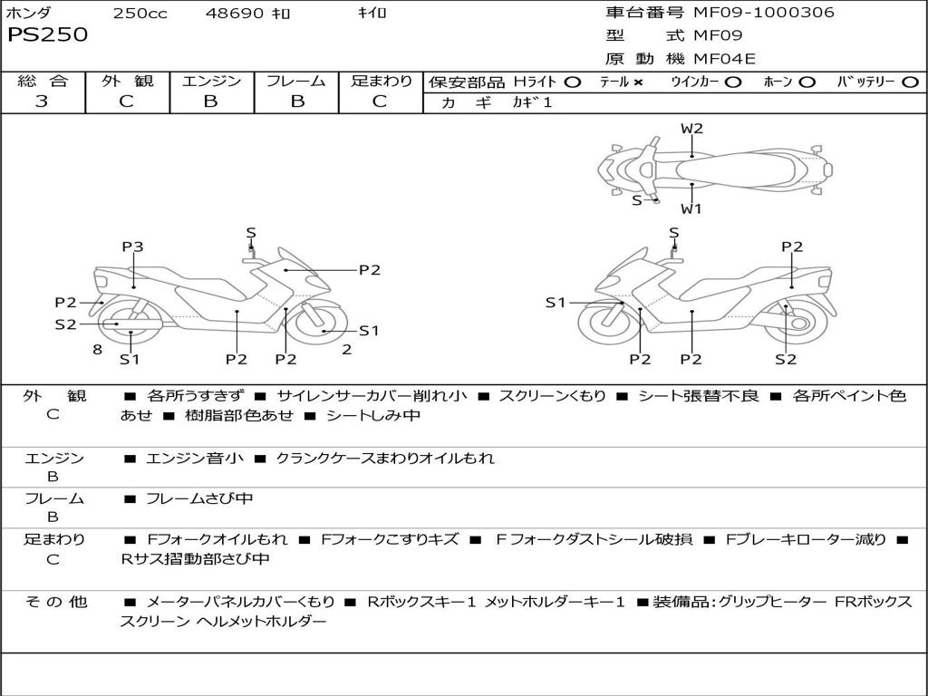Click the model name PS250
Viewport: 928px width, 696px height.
(47, 34)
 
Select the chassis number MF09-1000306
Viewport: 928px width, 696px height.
(764, 12)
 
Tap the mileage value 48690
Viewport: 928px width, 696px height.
(234, 13)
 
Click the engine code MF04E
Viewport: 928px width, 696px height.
(724, 59)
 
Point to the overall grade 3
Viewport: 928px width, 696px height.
(42, 101)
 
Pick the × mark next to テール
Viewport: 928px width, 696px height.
(637, 82)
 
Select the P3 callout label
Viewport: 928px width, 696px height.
(132, 246)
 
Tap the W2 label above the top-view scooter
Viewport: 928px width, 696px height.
(691, 128)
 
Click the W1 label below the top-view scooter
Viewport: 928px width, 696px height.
(691, 208)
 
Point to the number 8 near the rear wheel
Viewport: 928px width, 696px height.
(98, 349)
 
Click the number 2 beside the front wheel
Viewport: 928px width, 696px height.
(347, 350)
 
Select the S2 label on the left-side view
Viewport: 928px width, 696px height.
(65, 324)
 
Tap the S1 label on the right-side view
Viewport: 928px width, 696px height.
(556, 303)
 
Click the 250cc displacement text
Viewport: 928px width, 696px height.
(140, 13)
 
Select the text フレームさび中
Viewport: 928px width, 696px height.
(199, 499)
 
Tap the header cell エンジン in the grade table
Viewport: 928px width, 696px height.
(211, 81)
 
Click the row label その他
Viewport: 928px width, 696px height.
(55, 602)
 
